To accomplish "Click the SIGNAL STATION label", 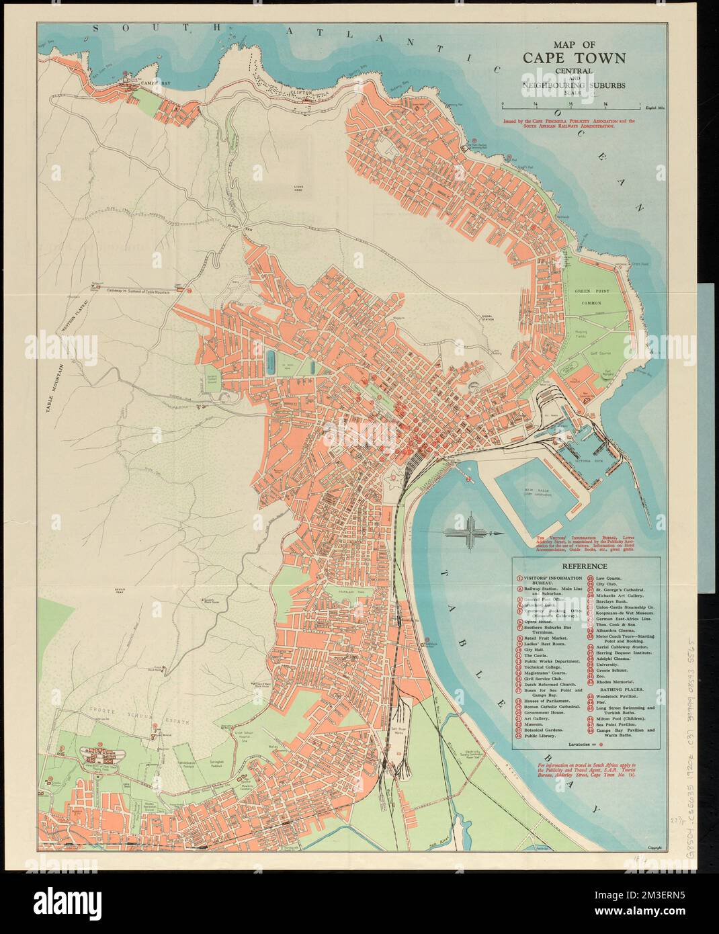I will [x=491, y=319].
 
